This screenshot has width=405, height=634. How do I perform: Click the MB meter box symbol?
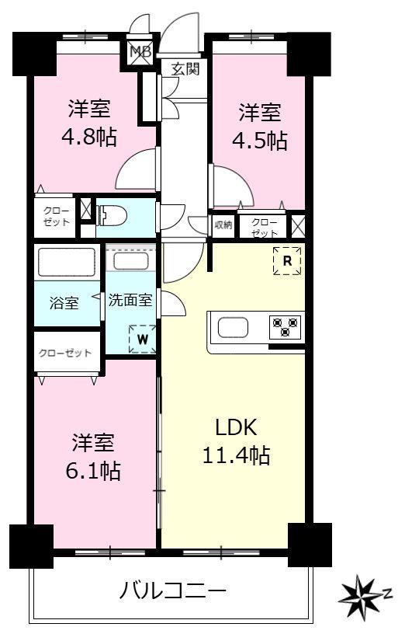[x=140, y=51]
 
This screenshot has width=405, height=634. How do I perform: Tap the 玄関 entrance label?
[x=185, y=68]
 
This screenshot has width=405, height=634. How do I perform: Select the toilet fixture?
[x=111, y=215]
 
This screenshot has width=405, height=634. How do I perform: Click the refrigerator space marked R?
[x=287, y=261]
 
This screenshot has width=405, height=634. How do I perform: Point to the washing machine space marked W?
[x=142, y=340]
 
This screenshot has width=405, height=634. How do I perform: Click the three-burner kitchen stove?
[x=286, y=327]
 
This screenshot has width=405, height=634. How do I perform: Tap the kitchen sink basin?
[x=233, y=327]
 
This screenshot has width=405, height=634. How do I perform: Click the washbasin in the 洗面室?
[x=130, y=261]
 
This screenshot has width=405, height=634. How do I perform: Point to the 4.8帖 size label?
[x=89, y=137]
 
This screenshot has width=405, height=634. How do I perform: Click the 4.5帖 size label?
[x=260, y=141]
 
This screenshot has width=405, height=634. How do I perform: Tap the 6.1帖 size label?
[x=93, y=471]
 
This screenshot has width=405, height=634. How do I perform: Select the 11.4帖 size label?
[x=236, y=455]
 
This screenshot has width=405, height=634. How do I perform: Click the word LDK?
[x=236, y=427]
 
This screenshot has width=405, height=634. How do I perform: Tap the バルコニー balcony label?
[x=172, y=592]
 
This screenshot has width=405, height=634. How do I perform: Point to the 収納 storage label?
[x=223, y=225]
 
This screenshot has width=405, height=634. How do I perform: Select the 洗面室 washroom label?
[x=130, y=300]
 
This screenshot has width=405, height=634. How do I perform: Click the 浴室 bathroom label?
[x=64, y=303]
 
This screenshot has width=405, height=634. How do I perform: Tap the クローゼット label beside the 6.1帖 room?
[x=65, y=353]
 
